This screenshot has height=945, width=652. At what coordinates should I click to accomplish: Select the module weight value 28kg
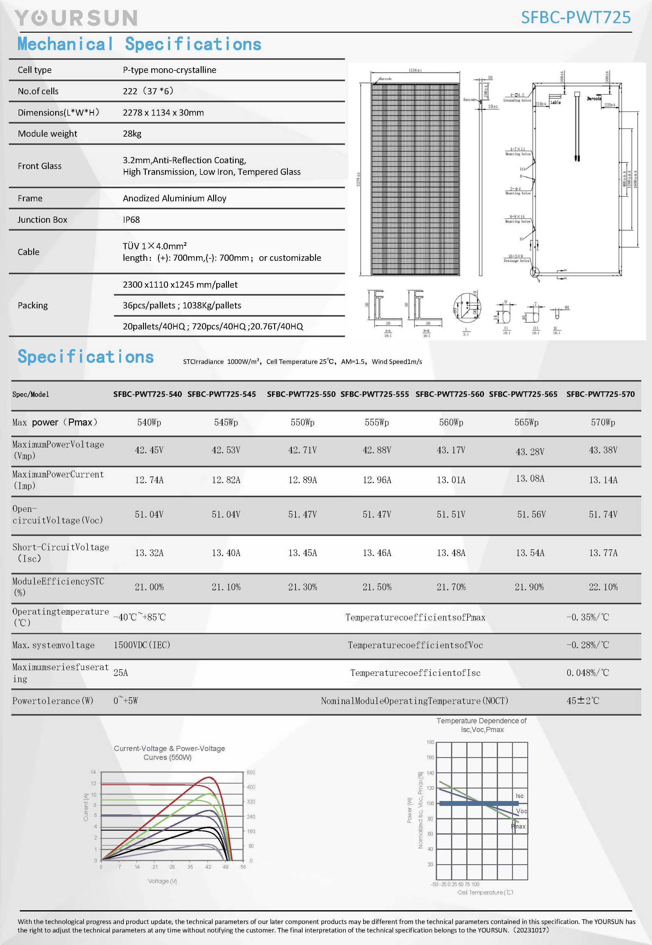(x=132, y=134)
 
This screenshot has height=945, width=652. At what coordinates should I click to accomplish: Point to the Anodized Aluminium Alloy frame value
(x=174, y=198)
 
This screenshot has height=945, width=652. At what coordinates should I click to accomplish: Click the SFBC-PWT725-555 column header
(x=374, y=394)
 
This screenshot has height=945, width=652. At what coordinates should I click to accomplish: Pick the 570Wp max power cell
(x=603, y=422)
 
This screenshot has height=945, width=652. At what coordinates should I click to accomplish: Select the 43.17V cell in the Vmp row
(x=451, y=450)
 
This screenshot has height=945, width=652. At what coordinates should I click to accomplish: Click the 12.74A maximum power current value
(x=149, y=480)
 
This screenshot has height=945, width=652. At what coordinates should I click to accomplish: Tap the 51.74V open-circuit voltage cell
(x=603, y=514)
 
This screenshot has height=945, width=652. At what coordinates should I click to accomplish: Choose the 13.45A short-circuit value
(x=302, y=553)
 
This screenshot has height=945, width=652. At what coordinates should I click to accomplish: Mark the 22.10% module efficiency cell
(x=603, y=587)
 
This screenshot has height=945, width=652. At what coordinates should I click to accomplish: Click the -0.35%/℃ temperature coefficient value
(x=587, y=617)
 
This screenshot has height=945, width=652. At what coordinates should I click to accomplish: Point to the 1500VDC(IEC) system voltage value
(x=142, y=645)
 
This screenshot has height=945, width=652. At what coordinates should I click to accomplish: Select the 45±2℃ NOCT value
(x=582, y=701)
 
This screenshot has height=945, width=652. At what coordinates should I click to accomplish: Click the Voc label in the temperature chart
(x=521, y=811)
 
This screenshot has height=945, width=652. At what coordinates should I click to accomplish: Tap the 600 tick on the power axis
(x=251, y=772)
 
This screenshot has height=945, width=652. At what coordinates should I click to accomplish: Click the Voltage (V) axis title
(x=162, y=881)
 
